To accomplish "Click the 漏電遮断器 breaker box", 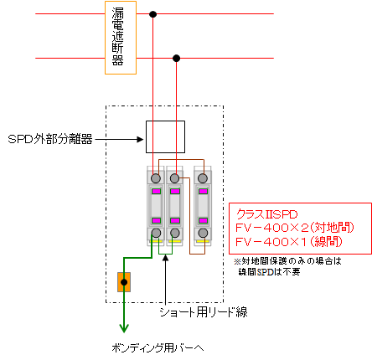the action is pos(121,38).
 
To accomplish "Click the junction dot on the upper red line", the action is pos(152,14).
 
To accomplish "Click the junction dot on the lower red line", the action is pos(176,59).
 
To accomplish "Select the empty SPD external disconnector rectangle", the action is pos(165,136).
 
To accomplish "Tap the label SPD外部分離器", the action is pos(50,139).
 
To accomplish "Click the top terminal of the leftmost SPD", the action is pos(156,178).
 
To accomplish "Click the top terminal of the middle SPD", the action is pos(174,178).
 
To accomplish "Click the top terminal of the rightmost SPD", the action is pos(203,178).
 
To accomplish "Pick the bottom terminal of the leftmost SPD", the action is pos(156,233).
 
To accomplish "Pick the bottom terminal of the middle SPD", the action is pos(175,233).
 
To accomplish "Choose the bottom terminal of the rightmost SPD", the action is pos(203,233).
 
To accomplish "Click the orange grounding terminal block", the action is pos(124,282).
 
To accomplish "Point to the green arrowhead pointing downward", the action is pos(124,328).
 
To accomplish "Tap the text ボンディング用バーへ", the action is pos(158,347).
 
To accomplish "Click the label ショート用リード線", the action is pos(204,312).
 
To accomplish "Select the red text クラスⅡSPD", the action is pos(267,214).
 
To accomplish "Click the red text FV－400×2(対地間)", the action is pos(295,228).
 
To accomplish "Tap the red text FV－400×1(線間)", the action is pos(289,241).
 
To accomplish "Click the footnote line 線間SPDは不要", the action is pos(270,271).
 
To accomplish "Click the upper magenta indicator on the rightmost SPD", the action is pos(203,192).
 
